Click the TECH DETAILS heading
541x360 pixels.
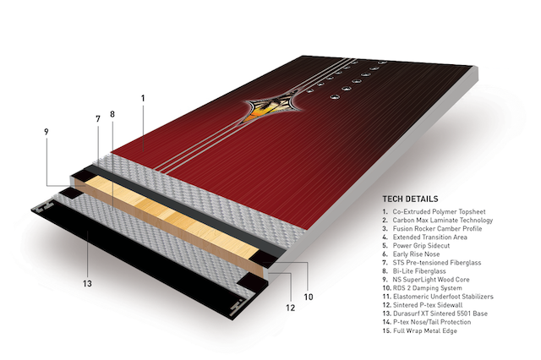410,199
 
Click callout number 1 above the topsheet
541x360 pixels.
143,98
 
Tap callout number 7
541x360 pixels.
98,119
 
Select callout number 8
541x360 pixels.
112,114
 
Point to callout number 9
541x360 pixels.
46,132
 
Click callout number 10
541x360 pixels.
308,297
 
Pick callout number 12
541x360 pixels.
291,308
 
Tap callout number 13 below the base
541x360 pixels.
87,283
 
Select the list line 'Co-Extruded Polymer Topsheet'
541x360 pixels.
434,212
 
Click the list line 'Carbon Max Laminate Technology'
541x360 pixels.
438,221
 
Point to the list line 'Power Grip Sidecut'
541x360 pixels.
416,246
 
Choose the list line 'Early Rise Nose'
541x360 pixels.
411,254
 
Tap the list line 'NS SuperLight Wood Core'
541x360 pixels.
426,280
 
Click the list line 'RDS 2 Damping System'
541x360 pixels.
422,288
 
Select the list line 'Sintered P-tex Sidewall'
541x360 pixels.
423,305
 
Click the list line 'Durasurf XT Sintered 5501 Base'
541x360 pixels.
435,314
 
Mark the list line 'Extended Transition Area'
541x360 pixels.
424,237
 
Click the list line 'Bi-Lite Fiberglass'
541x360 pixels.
414,271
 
